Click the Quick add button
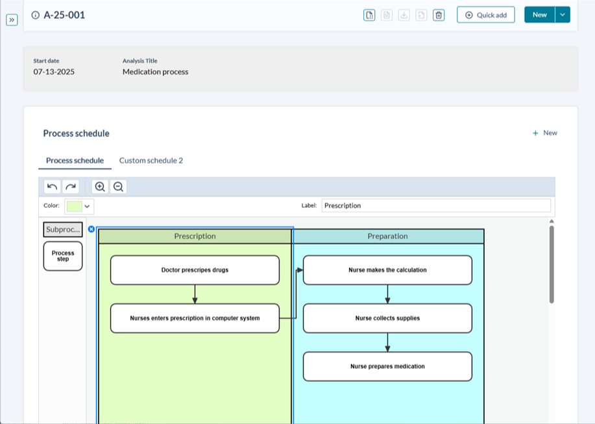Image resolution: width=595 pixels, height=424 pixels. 486,15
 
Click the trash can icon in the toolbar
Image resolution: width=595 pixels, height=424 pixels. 439,15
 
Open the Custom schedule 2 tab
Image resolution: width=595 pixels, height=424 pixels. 151,160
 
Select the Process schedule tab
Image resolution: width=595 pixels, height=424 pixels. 75,160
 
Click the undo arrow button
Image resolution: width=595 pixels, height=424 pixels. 53,187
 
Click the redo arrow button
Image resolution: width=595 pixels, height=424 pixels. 70,187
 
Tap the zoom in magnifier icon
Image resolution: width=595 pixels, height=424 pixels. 100,187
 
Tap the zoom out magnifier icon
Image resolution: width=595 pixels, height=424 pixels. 118,187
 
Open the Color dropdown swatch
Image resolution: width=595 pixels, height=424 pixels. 79,206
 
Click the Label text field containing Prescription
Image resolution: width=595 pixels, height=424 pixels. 435,206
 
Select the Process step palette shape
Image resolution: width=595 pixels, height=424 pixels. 63,256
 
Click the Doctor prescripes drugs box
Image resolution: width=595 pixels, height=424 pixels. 195,270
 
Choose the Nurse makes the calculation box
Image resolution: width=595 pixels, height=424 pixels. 387,270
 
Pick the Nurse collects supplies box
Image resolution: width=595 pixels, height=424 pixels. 387,318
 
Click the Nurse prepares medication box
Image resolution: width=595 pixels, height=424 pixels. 387,366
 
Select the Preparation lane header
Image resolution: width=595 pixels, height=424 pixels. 387,236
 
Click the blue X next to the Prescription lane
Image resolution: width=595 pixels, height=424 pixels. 91,229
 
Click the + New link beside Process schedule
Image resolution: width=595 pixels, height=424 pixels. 545,133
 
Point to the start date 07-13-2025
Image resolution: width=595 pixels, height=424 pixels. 54,72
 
